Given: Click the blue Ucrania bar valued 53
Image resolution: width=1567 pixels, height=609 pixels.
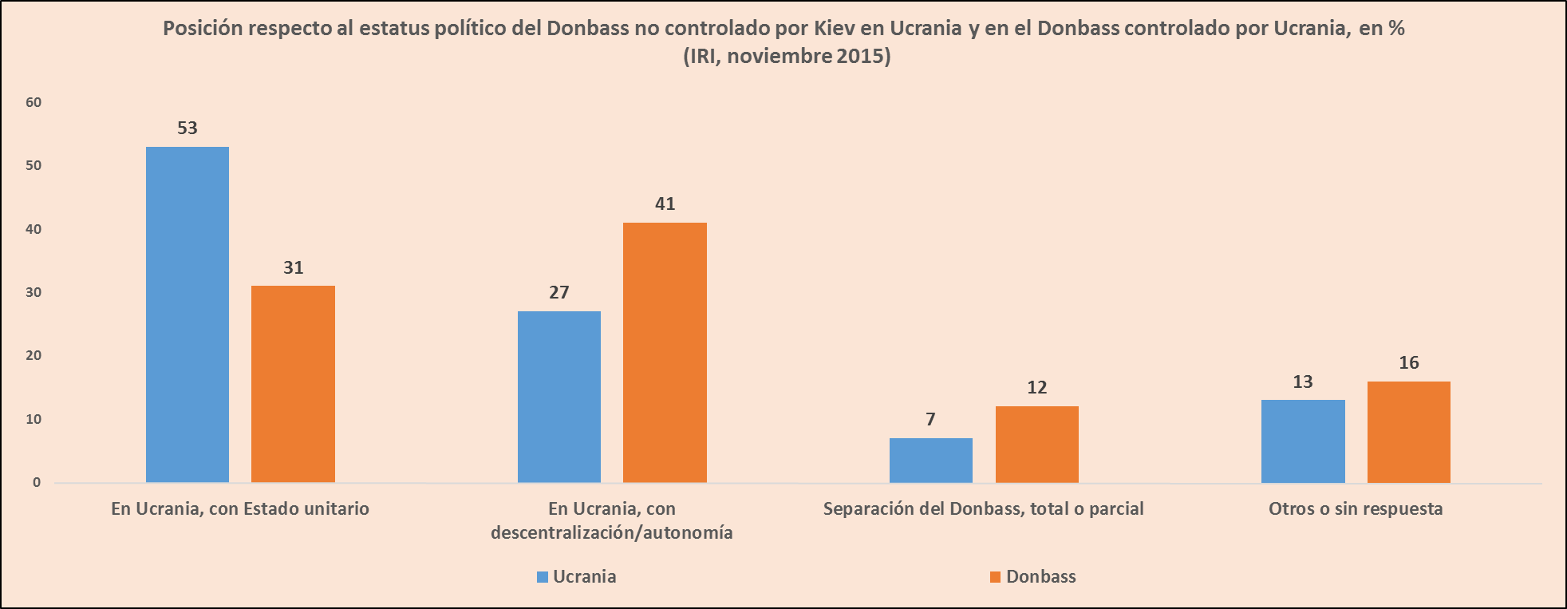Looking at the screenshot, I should [187, 314].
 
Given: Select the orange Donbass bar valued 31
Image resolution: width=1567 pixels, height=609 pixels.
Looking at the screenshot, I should [293, 384].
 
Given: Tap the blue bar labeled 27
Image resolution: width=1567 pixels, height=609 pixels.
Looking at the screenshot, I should [559, 397].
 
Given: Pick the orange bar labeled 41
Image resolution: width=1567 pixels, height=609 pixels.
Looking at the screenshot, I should [665, 352].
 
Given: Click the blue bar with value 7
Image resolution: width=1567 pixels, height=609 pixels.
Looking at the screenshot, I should [930, 460].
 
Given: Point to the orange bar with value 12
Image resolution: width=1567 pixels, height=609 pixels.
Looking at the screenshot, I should [1036, 444].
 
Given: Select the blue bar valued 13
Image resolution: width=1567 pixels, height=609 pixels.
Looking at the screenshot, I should [1303, 441].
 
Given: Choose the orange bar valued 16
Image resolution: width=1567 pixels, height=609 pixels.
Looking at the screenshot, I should [1408, 432].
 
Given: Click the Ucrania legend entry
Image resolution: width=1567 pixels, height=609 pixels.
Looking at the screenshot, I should [576, 576].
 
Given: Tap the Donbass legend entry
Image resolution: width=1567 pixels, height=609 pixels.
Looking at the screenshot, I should [1032, 576].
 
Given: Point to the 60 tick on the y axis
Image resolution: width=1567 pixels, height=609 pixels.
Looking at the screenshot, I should [34, 102].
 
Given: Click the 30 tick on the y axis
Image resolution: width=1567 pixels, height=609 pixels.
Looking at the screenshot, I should [34, 292].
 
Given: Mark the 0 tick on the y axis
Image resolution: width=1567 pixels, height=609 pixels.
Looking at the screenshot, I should [37, 482].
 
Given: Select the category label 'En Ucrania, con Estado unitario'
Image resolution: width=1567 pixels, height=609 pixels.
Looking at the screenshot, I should [240, 508].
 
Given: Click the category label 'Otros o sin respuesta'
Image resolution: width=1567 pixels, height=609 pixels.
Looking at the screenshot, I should [1356, 508].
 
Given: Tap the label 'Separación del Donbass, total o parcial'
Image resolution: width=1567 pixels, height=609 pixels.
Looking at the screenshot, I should [983, 508].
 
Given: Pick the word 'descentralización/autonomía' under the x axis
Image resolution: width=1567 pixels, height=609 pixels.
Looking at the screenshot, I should [612, 532].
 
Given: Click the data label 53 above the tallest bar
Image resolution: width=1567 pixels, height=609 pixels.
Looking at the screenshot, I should [187, 128].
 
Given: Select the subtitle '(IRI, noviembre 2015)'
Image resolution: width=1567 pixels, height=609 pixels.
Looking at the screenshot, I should [787, 56].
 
